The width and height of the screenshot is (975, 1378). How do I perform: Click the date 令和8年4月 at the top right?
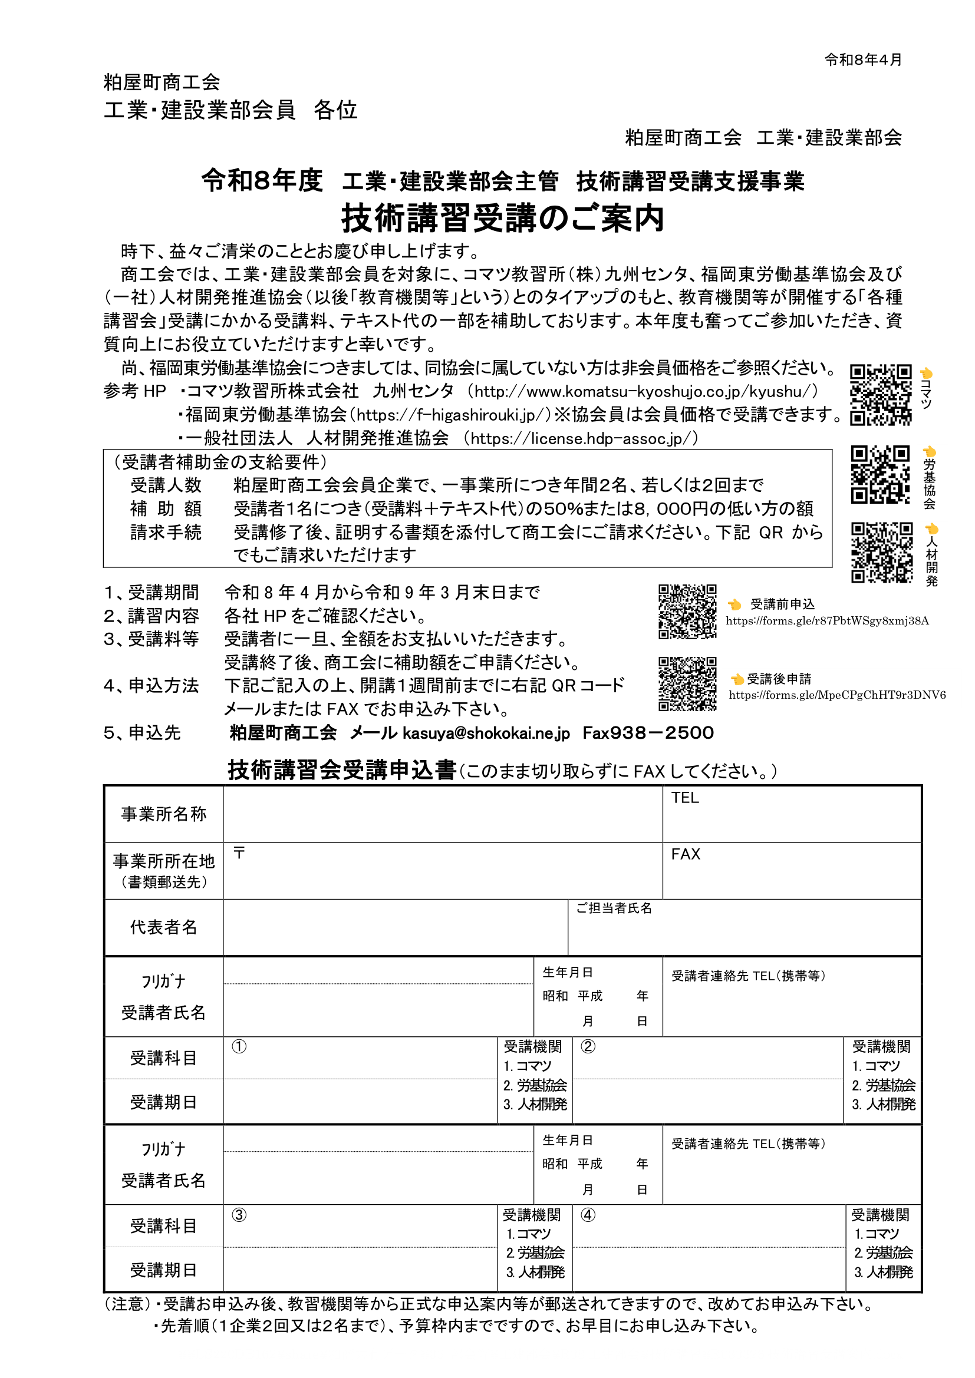[x=863, y=60]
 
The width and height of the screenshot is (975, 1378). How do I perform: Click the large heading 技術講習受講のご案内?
[x=503, y=218]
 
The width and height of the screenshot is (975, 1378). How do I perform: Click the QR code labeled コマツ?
[x=880, y=394]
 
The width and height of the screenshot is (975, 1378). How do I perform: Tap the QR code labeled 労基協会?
[x=880, y=474]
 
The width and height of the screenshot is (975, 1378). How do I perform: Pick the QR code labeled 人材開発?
[x=881, y=552]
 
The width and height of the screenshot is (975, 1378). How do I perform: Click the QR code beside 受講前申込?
[x=687, y=612]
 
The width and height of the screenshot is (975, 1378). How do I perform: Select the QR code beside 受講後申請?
[x=687, y=683]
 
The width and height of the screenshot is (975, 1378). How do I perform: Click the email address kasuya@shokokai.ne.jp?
[x=486, y=733]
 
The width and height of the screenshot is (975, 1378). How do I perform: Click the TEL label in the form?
[x=685, y=798]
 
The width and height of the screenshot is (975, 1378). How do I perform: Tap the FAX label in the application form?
[x=686, y=854]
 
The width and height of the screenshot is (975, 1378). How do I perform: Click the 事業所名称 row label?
[x=164, y=814]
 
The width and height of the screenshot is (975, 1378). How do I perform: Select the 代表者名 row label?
[x=164, y=927]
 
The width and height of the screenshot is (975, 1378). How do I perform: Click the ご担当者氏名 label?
[x=614, y=908]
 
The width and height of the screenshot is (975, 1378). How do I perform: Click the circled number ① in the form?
[x=239, y=1047]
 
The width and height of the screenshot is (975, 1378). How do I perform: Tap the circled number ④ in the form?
[x=588, y=1215]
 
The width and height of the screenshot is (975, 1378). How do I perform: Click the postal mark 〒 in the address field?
[x=239, y=852]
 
